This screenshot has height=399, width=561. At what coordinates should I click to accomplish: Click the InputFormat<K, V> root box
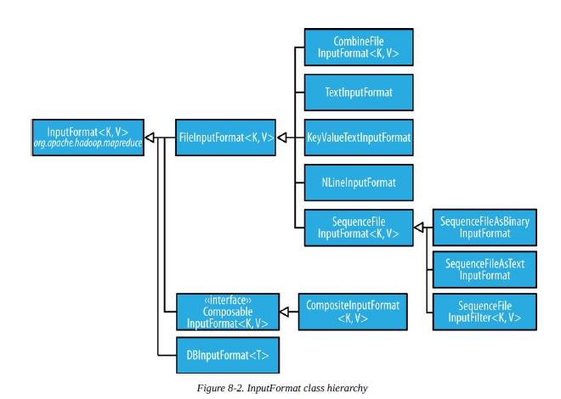[88, 137]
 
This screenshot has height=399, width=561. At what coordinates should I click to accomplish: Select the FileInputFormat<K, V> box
[226, 137]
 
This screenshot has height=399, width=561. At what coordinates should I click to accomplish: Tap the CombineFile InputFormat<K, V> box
[358, 48]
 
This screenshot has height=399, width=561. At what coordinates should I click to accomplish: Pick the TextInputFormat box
[358, 91]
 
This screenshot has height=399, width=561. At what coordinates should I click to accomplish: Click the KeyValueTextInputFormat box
[358, 137]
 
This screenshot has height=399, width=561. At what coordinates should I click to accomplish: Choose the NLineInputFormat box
[358, 182]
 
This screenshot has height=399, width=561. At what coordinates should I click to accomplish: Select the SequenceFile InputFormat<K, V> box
[358, 228]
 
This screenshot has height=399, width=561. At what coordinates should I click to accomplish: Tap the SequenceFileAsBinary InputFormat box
[484, 228]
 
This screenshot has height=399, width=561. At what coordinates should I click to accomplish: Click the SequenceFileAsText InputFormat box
[484, 270]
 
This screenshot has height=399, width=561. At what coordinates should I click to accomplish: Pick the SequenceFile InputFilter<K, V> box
[484, 312]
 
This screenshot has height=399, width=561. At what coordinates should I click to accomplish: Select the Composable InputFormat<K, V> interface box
[226, 312]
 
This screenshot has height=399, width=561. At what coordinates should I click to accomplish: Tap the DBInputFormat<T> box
[226, 352]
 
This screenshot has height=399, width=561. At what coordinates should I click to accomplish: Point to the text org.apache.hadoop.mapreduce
[88, 143]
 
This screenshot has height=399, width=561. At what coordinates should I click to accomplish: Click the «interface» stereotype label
[226, 301]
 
